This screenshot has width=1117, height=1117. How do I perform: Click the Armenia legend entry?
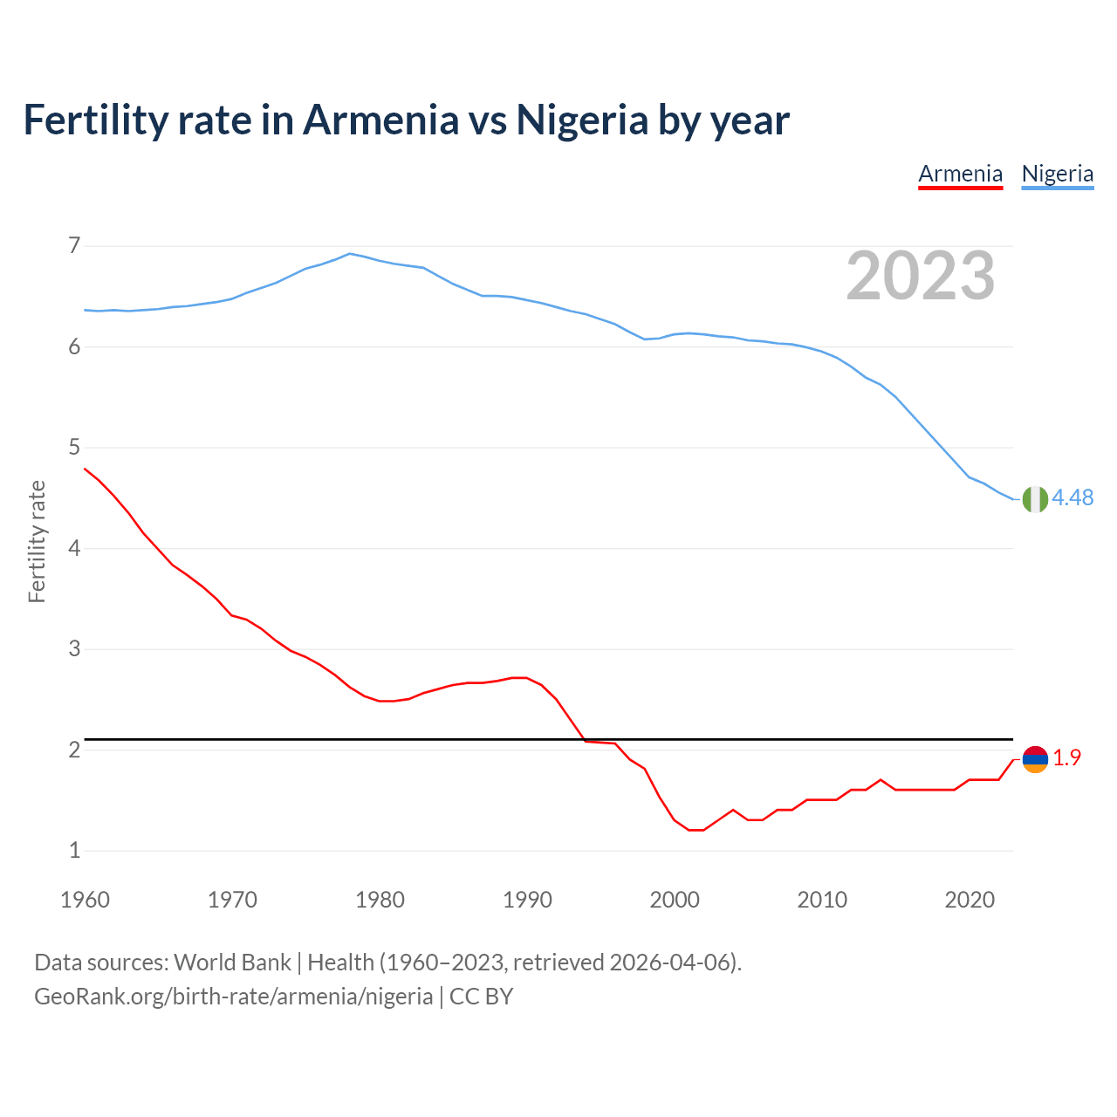(960, 174)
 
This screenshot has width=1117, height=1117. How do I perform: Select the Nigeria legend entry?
(1057, 174)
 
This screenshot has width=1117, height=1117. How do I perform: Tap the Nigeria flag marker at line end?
(1035, 498)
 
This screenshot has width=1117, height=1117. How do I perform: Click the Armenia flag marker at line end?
(1035, 759)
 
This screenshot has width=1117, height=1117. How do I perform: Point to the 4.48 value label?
(1072, 497)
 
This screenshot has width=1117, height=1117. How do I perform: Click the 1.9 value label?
(1066, 758)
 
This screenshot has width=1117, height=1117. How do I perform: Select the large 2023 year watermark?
(920, 276)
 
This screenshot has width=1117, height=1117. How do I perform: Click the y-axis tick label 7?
(74, 246)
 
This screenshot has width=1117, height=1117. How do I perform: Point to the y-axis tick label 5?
(74, 448)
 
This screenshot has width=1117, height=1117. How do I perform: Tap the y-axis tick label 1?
(74, 850)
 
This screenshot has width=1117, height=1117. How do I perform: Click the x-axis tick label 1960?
(85, 900)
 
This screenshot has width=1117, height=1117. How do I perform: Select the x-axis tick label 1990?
(527, 900)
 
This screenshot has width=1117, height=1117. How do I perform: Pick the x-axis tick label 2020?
(970, 900)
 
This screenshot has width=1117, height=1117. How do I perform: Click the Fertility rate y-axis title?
(37, 541)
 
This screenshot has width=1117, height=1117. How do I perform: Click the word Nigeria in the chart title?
(582, 120)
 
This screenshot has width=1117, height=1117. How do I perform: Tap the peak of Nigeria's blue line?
(350, 254)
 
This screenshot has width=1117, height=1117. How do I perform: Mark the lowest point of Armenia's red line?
(696, 830)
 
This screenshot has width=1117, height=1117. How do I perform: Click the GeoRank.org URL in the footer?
(233, 997)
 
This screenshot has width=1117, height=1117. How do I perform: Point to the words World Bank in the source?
(232, 963)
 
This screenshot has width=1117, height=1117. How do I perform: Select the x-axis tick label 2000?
(675, 900)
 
